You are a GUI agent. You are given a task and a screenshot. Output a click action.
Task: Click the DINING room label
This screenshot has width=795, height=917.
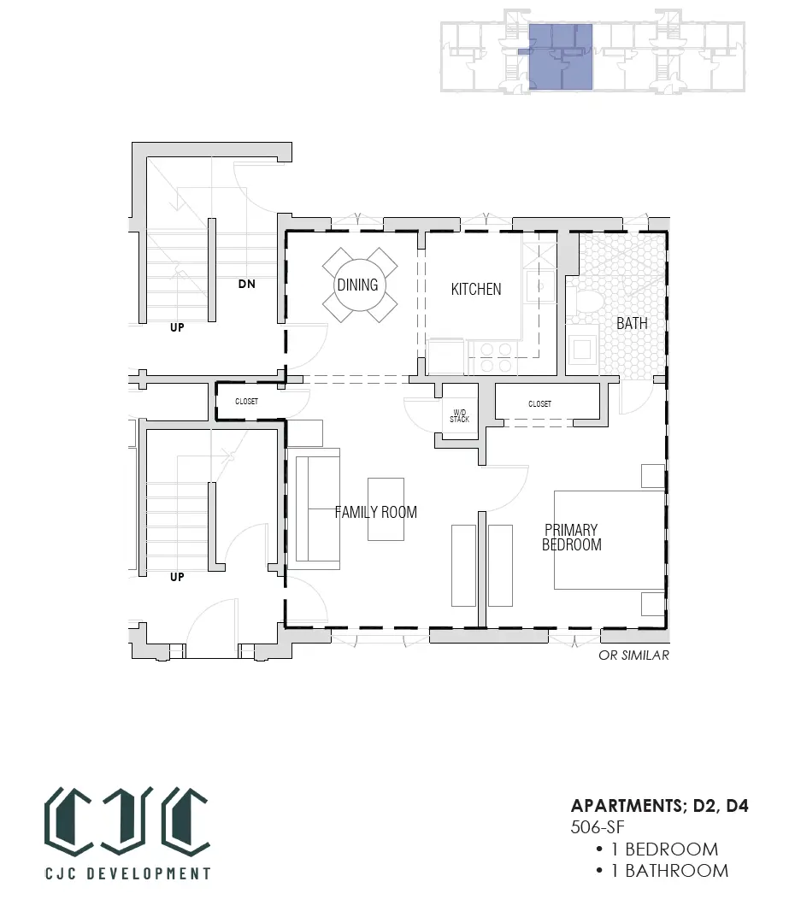pos(357,285)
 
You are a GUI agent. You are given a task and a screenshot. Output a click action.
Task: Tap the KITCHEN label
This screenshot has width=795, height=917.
pos(476,289)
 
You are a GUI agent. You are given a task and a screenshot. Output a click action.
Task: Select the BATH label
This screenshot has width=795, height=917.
pos(632,323)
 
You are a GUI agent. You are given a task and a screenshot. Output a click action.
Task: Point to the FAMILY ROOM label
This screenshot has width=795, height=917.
pos(375,512)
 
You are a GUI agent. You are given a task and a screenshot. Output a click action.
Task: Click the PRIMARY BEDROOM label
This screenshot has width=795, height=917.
pos(572,538)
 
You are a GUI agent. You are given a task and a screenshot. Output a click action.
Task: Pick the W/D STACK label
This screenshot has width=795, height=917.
pos(459,416)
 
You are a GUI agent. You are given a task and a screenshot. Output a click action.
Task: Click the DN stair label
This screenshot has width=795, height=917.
pos(246,284)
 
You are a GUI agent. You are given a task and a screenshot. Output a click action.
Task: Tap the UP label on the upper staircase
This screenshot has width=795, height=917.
pos(177,327)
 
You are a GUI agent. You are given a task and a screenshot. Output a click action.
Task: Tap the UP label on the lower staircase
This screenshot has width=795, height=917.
pos(177,577)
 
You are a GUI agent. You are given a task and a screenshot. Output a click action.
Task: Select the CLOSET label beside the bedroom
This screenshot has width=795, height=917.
pos(539,404)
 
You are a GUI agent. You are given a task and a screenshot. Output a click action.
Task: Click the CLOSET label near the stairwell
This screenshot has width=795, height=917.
pos(246,402)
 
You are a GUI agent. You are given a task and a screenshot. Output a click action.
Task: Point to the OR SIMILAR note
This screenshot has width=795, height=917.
pos(633,655)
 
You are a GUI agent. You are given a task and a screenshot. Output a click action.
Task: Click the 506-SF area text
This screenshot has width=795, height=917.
pos(598,827)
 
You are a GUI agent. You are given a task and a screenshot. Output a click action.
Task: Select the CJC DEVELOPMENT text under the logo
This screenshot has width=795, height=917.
pos(127,873)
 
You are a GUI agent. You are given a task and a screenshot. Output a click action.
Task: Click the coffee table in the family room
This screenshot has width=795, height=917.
pos(386,508)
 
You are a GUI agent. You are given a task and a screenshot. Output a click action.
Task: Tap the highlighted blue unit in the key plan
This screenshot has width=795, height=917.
pos(561,56)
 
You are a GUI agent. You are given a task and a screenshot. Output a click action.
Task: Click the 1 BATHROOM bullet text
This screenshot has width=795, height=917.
pos(670,871)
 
